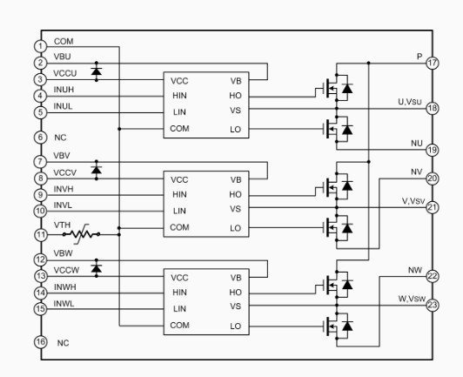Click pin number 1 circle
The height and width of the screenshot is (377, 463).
(40, 46)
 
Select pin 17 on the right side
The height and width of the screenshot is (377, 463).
(433, 63)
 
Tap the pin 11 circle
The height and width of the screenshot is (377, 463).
(40, 235)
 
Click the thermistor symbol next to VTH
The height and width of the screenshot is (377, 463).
(81, 234)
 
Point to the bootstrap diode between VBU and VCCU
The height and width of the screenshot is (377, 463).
(97, 71)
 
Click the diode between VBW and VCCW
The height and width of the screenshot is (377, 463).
(97, 268)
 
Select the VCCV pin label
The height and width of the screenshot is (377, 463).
(65, 172)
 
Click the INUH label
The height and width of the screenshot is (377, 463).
(64, 90)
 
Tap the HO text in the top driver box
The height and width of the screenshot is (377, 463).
(235, 96)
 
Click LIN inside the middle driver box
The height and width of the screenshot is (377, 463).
(179, 211)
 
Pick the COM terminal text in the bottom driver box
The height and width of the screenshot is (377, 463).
(179, 326)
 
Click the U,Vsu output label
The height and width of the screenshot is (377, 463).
(410, 102)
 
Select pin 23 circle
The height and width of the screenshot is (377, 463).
(433, 305)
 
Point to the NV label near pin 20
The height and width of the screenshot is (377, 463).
(417, 172)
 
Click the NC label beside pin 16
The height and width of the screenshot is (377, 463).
(63, 343)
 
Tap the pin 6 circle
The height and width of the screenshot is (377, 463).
(40, 138)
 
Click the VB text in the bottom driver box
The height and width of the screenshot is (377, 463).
(236, 278)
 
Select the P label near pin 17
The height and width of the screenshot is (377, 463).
(419, 56)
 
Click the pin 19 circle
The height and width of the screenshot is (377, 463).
(433, 150)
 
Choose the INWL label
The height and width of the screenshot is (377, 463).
(64, 304)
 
